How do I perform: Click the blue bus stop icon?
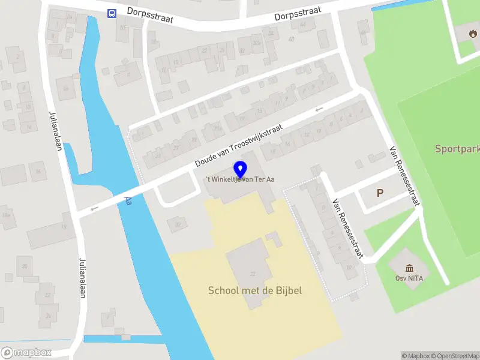pyautogui.click(x=112, y=13)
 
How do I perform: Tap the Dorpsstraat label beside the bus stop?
pyautogui.click(x=150, y=15)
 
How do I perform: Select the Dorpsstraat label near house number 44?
pyautogui.click(x=298, y=13)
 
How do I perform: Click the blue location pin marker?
pyautogui.click(x=241, y=169)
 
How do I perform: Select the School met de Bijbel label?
pyautogui.click(x=254, y=291)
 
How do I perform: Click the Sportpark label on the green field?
pyautogui.click(x=457, y=148)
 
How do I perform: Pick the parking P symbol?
pyautogui.click(x=379, y=193)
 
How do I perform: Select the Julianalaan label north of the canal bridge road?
pyautogui.click(x=55, y=131)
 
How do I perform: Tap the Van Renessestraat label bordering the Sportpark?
pyautogui.click(x=403, y=176)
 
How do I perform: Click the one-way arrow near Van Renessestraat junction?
pyautogui.click(x=319, y=109)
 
